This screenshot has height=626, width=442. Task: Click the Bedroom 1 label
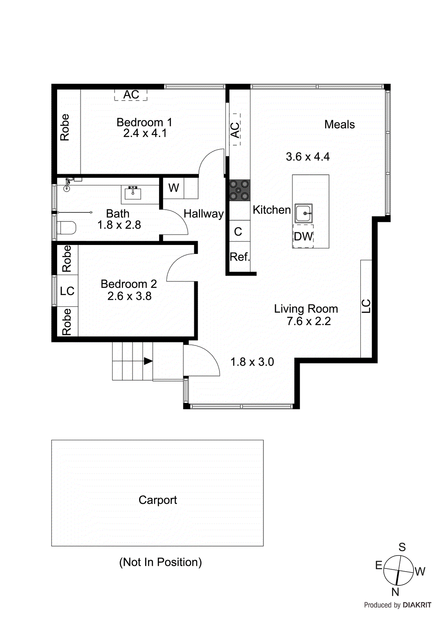coord(144,122)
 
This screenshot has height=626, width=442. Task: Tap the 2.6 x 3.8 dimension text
coord(129,296)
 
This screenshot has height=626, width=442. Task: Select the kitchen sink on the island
coord(303,213)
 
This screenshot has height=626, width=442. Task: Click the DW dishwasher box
coord(303,236)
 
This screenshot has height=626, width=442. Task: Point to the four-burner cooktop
coord(239,190)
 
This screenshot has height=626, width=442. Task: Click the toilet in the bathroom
coord(66,228)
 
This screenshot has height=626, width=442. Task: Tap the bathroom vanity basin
coord(133,193)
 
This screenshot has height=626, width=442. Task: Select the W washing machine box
coord(174,188)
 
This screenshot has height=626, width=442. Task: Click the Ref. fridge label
coord(240,257)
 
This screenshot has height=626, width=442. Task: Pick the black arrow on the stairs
coord(148,361)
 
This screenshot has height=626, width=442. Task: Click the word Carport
coord(157,500)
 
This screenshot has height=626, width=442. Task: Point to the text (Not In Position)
coord(160,562)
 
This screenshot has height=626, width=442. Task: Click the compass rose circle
coord(398,570)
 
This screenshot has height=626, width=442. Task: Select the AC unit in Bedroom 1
coord(131,95)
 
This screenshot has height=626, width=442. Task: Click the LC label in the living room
coord(366,306)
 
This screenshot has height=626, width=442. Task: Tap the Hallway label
coord(204,214)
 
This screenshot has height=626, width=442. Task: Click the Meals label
coord(339,124)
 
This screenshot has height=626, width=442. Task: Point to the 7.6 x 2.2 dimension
coord(308,321)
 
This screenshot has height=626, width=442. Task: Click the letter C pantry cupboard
coord(238,232)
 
